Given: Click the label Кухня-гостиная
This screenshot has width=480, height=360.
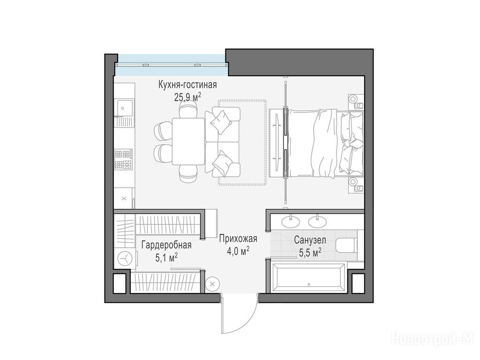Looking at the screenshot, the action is pos(187,84).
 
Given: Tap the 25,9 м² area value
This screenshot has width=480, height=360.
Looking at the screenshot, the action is pos(187,97).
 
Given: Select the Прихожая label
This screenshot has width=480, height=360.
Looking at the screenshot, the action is pos(238,238).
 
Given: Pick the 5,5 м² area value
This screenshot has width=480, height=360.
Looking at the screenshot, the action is pos(310,252).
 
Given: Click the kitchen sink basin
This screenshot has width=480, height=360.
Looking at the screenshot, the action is pos(124,108).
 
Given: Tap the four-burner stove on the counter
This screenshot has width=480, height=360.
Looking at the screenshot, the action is pos(124,159).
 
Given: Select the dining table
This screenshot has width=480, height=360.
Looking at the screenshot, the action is pos(188,142).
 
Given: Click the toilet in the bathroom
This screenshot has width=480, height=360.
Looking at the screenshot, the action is pos(346,245).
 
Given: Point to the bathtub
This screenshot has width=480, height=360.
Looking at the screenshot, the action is pos(308,277).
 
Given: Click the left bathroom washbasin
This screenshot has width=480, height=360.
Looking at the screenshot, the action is pos(291,221).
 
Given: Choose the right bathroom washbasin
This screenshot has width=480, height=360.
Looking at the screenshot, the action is pos(317,221).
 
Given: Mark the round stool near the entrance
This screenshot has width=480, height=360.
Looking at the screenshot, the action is pos(212,284).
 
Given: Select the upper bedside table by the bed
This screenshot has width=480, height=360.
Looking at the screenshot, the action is pos(356,101).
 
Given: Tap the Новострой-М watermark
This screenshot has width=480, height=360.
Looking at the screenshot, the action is pos(433,339).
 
